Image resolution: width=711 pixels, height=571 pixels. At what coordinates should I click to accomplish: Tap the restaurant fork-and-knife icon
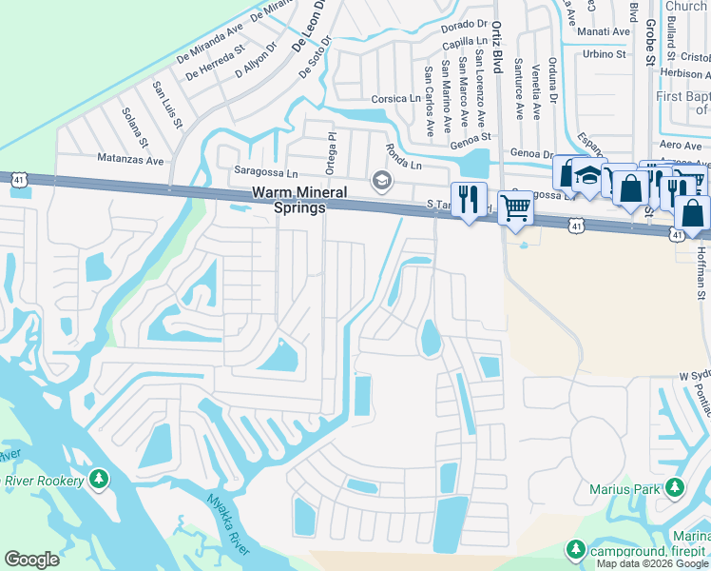(468, 200)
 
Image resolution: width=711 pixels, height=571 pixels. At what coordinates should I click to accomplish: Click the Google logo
(32, 560)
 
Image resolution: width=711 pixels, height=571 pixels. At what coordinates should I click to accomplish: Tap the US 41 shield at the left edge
(18, 179)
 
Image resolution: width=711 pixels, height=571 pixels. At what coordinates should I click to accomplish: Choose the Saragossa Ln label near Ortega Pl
(266, 173)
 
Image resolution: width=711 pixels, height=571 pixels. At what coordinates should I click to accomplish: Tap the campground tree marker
(575, 549)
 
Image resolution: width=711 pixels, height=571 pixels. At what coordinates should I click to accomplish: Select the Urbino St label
(605, 54)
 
